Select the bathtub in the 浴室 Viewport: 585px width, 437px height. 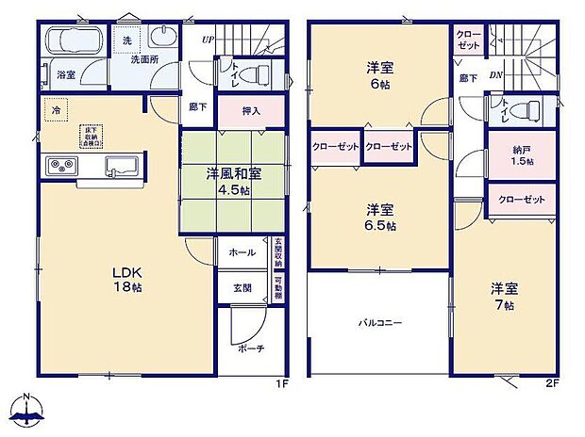[x=73, y=43]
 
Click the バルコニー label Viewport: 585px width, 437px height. [x=379, y=323]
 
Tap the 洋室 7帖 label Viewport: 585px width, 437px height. [x=501, y=297]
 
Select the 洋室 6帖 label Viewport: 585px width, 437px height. [x=380, y=74]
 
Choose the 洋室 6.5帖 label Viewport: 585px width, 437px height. [x=380, y=218]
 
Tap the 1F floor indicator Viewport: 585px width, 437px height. [x=279, y=384]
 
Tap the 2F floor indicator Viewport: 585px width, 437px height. [x=551, y=384]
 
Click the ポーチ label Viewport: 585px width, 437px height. [x=251, y=348]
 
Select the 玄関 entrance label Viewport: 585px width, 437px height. [x=242, y=287]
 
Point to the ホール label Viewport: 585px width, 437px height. [x=242, y=252]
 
